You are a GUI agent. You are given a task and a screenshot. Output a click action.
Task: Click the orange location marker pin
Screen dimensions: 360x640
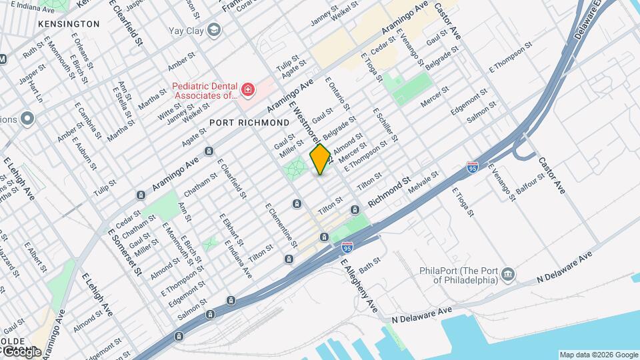320,159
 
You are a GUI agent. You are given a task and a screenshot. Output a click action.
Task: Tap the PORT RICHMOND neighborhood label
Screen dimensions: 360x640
249,123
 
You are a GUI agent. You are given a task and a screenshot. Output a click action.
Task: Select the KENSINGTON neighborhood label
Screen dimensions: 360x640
69,24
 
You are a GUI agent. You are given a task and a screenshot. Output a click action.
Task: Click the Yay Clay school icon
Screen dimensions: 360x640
214,29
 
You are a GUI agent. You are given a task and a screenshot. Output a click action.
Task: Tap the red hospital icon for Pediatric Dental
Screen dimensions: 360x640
248,89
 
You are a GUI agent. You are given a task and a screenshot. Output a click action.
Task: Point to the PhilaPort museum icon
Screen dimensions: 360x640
508,274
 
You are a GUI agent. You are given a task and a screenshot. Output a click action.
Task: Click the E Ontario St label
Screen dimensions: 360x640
337,95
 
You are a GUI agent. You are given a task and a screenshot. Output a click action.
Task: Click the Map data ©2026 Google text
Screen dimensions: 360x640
598,355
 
